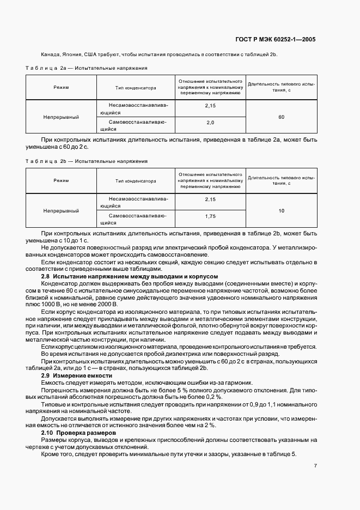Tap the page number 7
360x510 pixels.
315,466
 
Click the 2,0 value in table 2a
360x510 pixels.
210,123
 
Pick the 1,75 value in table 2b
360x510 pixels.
210,217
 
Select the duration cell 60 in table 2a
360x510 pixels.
281,117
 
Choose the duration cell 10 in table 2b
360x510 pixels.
281,210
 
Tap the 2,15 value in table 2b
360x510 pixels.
210,199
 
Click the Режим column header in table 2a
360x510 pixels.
61,87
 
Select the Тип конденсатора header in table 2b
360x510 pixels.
136,181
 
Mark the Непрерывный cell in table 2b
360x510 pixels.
61,210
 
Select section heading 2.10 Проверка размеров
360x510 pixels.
81,432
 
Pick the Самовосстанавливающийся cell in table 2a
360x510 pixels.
136,126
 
